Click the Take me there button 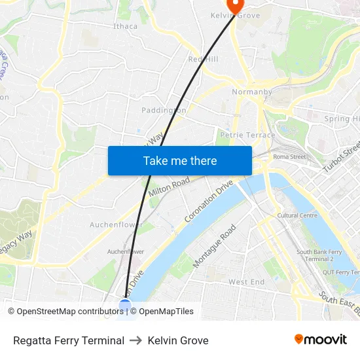pyautogui.click(x=180, y=160)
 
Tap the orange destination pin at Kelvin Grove pyautogui.click(x=234, y=5)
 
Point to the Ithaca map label pyautogui.click(x=125, y=26)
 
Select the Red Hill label pyautogui.click(x=203, y=59)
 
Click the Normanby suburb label pyautogui.click(x=252, y=92)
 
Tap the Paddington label pyautogui.click(x=164, y=110)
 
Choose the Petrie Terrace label pyautogui.click(x=247, y=135)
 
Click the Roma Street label pyautogui.click(x=289, y=156)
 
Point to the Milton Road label pyautogui.click(x=169, y=187)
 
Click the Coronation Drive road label pyautogui.click(x=209, y=203)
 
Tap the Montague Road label pyautogui.click(x=215, y=246)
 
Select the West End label pyautogui.click(x=246, y=282)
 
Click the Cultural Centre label pyautogui.click(x=297, y=215)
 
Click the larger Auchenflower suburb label pyautogui.click(x=116, y=225)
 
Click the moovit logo pyautogui.click(x=321, y=340)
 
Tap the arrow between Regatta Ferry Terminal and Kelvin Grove pyautogui.click(x=136, y=340)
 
